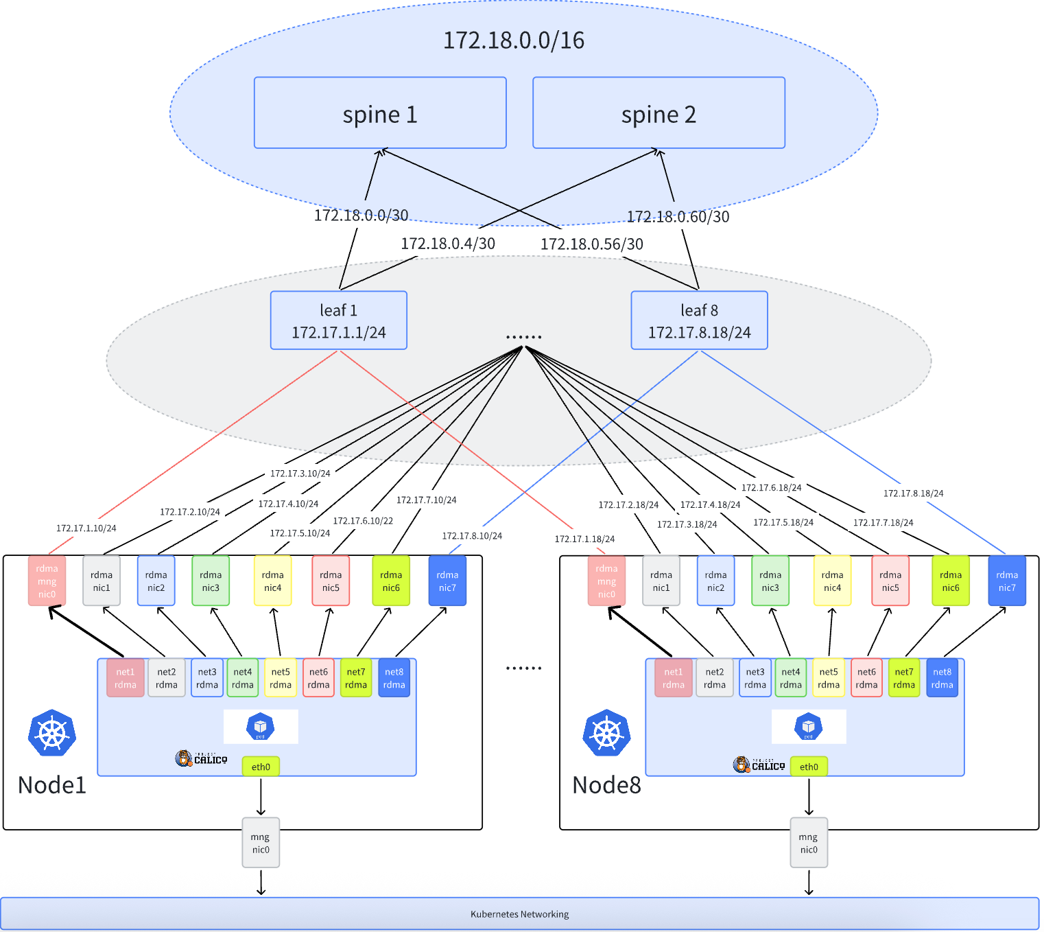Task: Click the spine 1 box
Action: [x=380, y=113]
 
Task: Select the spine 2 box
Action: [x=659, y=113]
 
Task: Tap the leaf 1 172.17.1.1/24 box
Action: [x=339, y=321]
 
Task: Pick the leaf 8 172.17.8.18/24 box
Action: [x=699, y=321]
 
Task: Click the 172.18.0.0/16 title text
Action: [x=514, y=40]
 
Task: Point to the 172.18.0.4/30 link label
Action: [x=448, y=244]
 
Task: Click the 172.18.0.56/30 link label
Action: [x=591, y=244]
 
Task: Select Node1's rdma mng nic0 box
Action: [x=47, y=581]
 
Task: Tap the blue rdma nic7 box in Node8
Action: [x=1006, y=581]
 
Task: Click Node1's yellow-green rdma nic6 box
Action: [x=391, y=581]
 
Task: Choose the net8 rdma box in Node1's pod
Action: [x=394, y=678]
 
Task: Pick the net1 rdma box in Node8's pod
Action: [x=673, y=678]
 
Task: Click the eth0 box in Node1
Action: [x=261, y=767]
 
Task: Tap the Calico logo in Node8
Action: [x=759, y=765]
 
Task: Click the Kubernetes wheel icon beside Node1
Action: [x=52, y=734]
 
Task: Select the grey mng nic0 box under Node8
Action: [x=808, y=843]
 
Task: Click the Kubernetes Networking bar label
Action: [x=519, y=914]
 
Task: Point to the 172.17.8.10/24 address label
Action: [x=472, y=536]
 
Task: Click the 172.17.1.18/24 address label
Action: [x=584, y=539]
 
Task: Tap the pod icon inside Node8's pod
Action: [x=808, y=727]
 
